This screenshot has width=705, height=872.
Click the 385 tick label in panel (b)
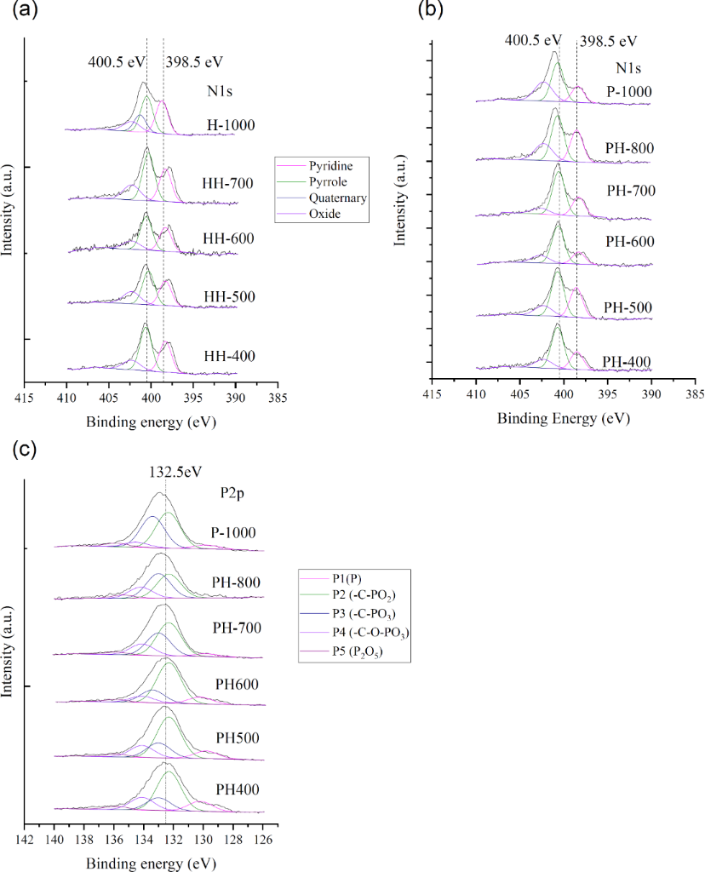coord(695,394)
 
